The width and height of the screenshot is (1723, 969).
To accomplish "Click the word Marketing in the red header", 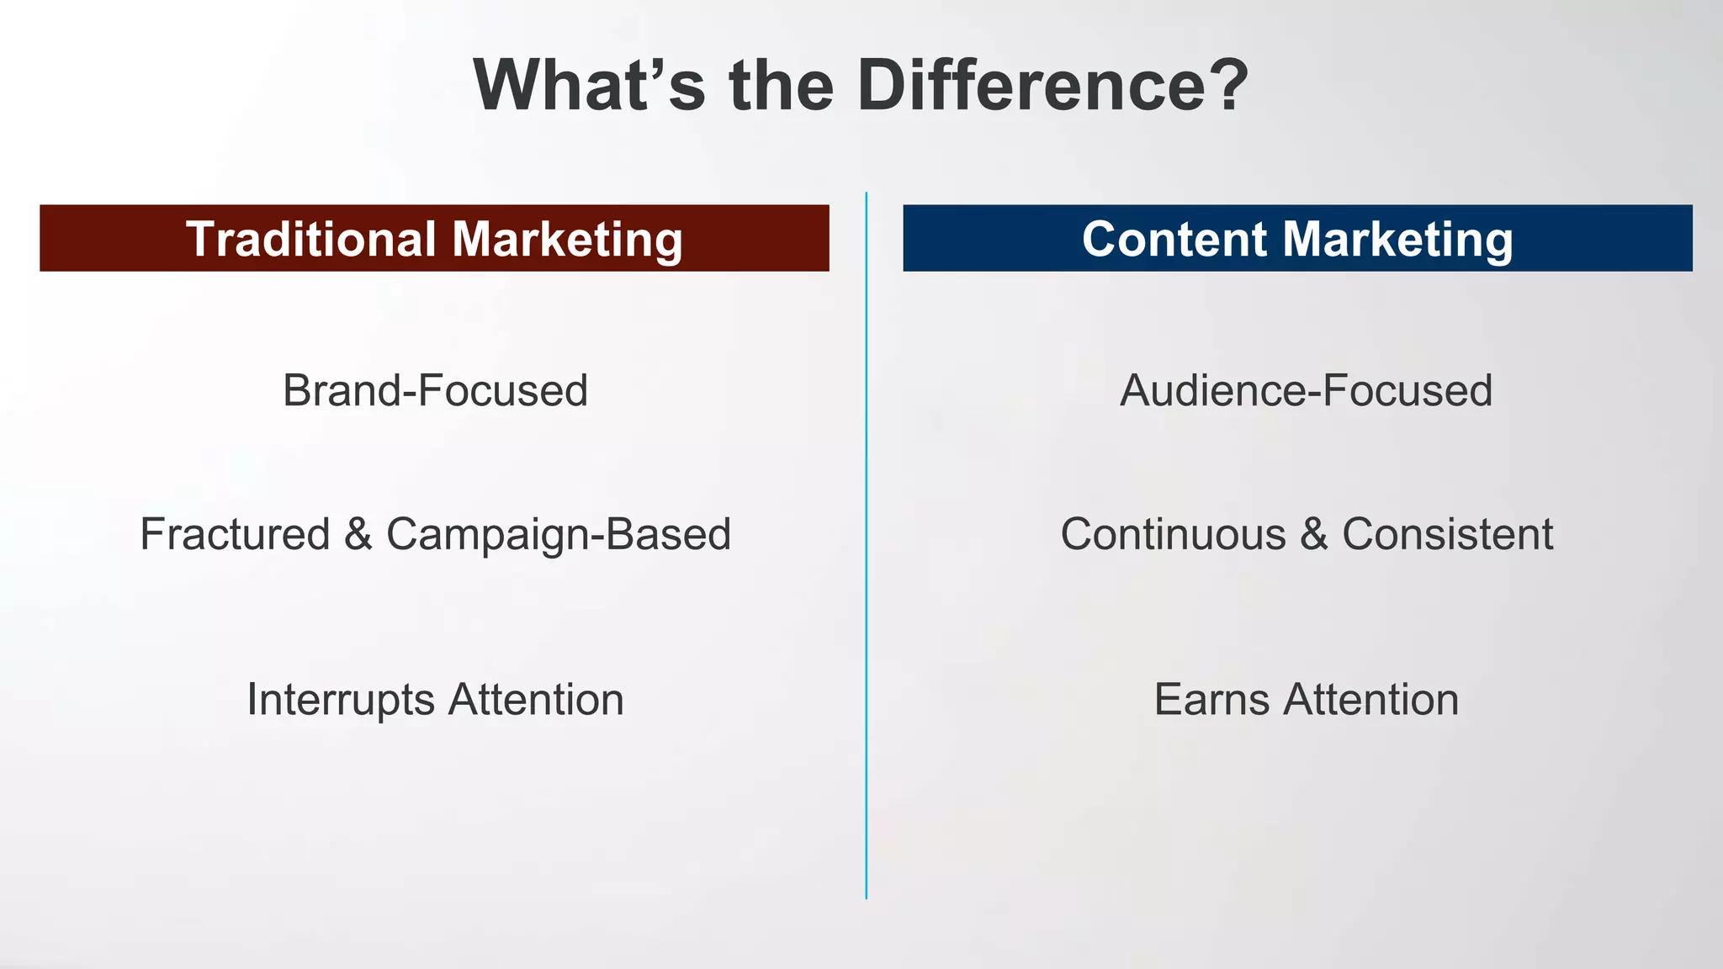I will coord(567,241).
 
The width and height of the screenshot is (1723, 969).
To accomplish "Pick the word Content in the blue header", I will coord(1174,239).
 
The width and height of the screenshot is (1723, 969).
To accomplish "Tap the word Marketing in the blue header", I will coord(1397,241).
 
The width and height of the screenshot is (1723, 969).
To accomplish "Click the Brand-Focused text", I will coord(435,391).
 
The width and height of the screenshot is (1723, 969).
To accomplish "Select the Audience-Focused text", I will coord(1306,391).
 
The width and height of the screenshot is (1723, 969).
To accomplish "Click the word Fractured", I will coord(235,534).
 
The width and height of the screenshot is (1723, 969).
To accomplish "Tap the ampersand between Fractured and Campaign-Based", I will coord(358,534).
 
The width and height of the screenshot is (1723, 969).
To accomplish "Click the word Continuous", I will coord(1173,534).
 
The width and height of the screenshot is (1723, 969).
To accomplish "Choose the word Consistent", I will coord(1447,534).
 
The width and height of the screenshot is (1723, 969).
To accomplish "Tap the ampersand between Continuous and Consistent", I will coord(1314,534).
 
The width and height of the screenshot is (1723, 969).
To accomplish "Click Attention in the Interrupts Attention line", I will coord(536,700).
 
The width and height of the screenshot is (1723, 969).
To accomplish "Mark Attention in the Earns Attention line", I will coord(1370,700).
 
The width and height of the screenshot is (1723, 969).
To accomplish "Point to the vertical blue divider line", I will coord(866,547).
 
